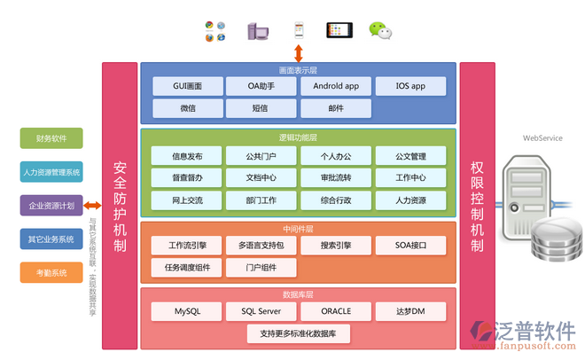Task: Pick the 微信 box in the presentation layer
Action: point(187,108)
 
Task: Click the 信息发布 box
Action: point(187,156)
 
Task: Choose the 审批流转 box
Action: point(336,177)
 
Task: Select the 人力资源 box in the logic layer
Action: point(410,200)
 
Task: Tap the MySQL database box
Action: point(187,311)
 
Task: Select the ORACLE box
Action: point(336,311)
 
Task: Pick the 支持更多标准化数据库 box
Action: point(299,333)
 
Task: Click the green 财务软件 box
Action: point(51,138)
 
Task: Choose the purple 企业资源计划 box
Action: point(51,205)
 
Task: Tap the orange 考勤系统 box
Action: point(51,272)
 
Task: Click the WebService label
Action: point(542,138)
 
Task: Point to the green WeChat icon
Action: point(380,31)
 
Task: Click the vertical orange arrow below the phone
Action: point(299,52)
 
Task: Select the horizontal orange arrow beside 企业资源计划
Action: point(92,206)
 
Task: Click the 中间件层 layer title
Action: point(299,227)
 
